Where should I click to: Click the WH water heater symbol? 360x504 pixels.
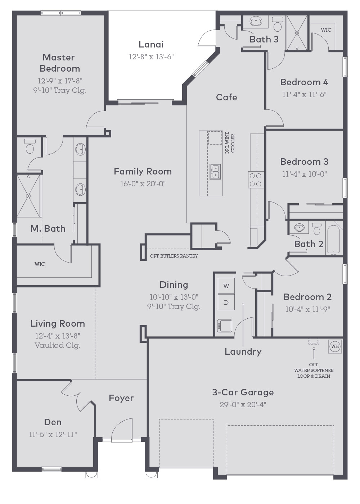(335, 346)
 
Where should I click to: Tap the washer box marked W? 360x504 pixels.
(226, 286)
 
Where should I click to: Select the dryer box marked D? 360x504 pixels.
(226, 303)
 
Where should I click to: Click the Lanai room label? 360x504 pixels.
(151, 45)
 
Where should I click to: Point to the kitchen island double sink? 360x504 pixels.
(215, 172)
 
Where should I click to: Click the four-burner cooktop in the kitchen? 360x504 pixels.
(256, 180)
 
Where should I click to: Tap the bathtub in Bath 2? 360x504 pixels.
(334, 239)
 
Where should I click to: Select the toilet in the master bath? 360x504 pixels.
(30, 146)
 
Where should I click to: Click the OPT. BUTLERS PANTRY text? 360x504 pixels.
(174, 256)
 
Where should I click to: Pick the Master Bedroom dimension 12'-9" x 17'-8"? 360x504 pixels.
(60, 81)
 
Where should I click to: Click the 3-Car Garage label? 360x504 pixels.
(243, 392)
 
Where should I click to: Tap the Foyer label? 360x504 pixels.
(121, 398)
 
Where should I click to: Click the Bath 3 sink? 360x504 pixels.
(256, 21)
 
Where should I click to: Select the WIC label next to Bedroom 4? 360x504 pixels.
(326, 30)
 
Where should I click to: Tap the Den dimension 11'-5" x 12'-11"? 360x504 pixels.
(53, 435)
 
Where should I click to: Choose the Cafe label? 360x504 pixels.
(226, 97)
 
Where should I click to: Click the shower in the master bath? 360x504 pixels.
(29, 196)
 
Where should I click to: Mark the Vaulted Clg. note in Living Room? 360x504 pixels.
(57, 345)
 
